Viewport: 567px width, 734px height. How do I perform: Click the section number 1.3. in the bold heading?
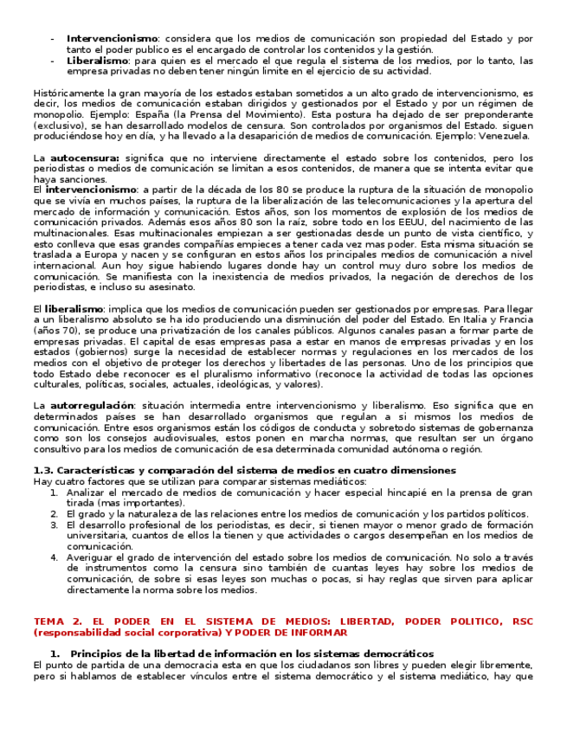(x=43, y=470)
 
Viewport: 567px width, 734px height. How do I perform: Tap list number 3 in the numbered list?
(x=53, y=525)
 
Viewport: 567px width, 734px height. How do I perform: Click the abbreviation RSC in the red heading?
(x=523, y=621)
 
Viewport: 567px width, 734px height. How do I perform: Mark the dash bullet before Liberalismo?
(x=54, y=61)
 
